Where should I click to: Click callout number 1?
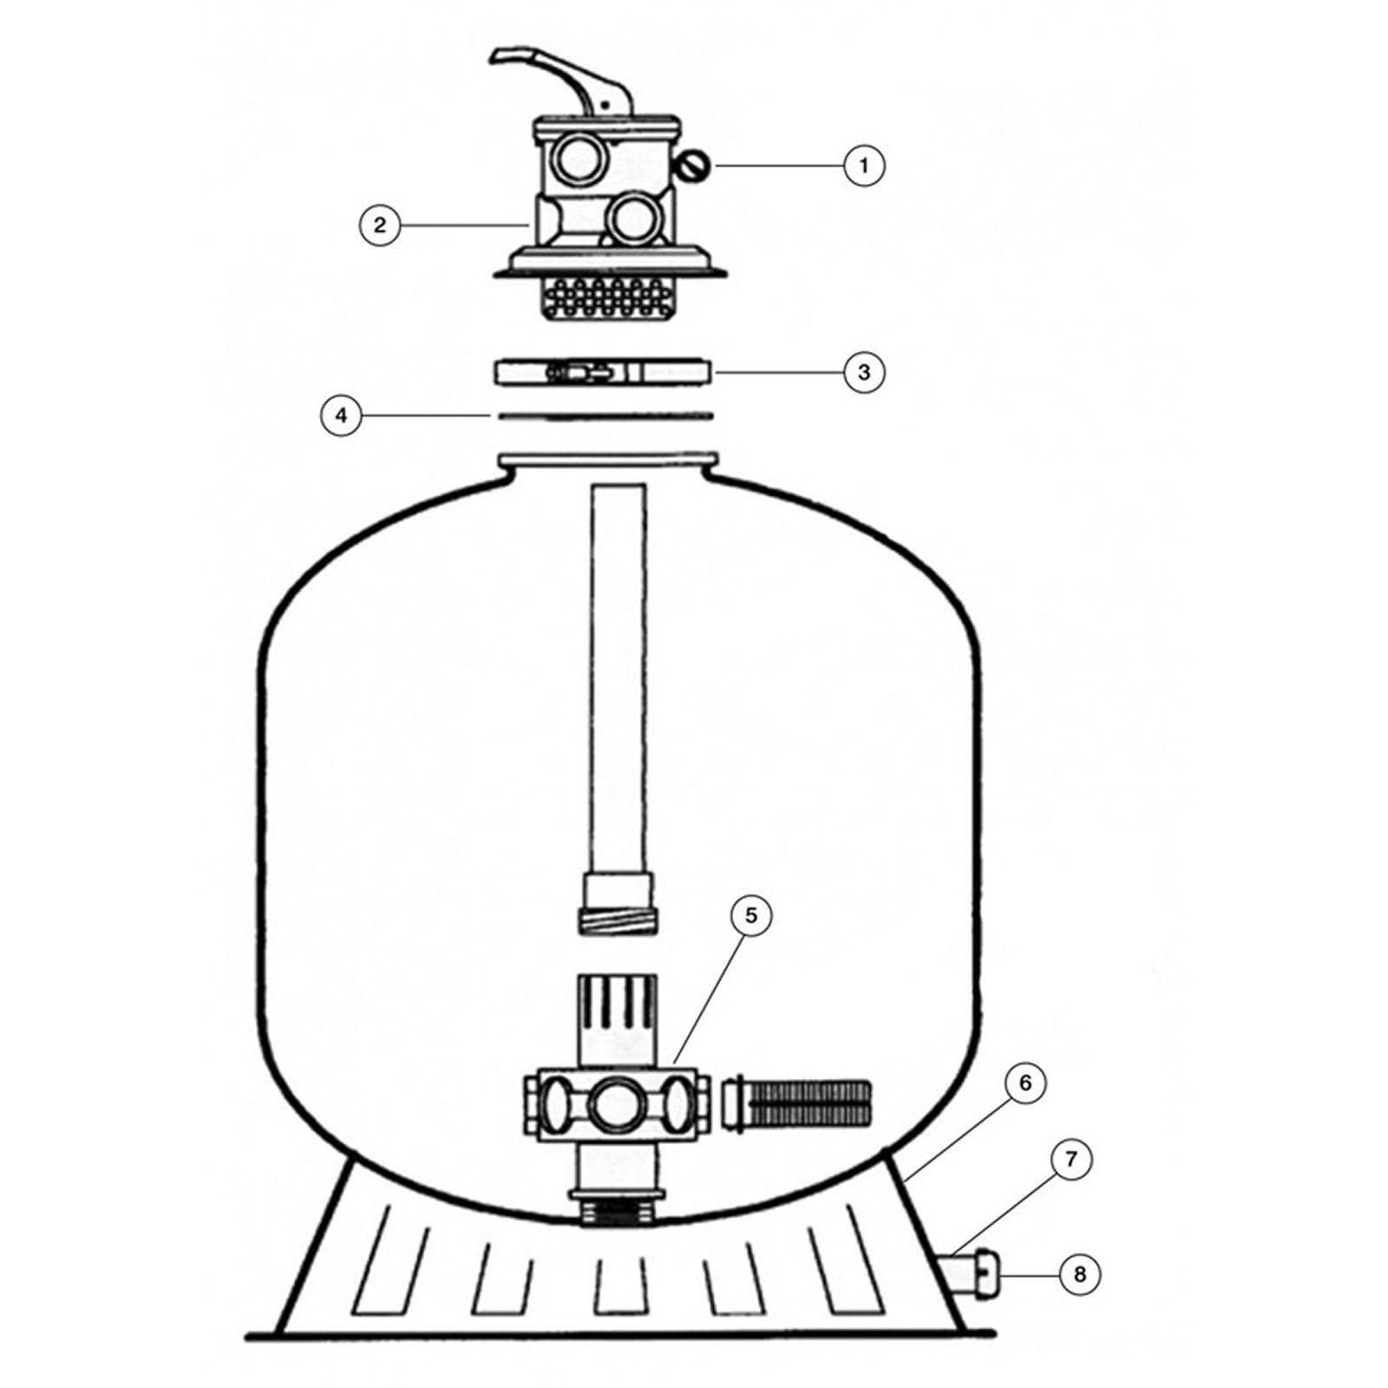click(x=863, y=165)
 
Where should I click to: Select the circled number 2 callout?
click(x=379, y=226)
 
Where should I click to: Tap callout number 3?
click(x=863, y=372)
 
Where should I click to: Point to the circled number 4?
click(x=341, y=416)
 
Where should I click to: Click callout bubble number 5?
click(x=750, y=915)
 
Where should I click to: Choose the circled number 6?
click(x=1025, y=1084)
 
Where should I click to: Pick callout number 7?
click(x=1070, y=1159)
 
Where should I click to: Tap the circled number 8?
click(x=1079, y=1274)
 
